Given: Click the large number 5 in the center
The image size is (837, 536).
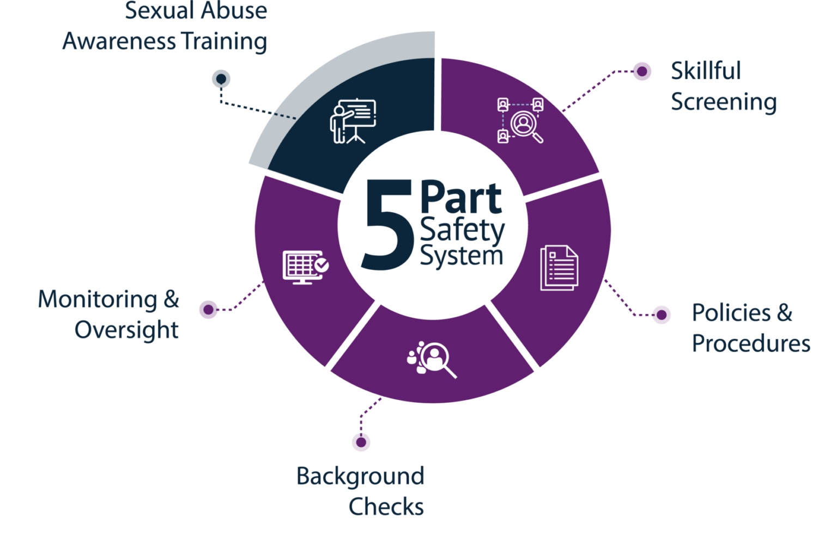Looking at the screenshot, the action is point(388,224).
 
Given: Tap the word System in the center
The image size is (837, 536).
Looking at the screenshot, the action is point(462,256).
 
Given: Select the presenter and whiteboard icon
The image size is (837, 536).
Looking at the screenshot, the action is point(353,121).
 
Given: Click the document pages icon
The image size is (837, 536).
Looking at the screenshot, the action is point(560,268).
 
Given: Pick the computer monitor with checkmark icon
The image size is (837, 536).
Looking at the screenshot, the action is point(306,267).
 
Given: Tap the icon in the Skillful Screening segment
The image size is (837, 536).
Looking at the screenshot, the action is point(520,121).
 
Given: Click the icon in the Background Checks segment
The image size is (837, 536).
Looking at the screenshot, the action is point(432,359).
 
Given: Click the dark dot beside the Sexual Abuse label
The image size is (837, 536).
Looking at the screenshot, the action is point(221,79).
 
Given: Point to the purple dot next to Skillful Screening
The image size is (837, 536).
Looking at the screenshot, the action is point(642,71).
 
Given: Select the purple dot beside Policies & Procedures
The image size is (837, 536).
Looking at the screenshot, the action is point(662,315).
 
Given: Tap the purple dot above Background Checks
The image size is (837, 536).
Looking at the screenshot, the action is point(361,442).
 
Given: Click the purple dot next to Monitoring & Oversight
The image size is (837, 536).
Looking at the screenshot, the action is point(209,310).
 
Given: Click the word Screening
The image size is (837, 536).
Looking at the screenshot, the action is point(724,102).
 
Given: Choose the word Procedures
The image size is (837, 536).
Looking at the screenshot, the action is point(751,343).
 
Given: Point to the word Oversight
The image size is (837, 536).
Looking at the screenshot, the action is point(126,330).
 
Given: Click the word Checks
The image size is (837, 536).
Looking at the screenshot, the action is point(386,507).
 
